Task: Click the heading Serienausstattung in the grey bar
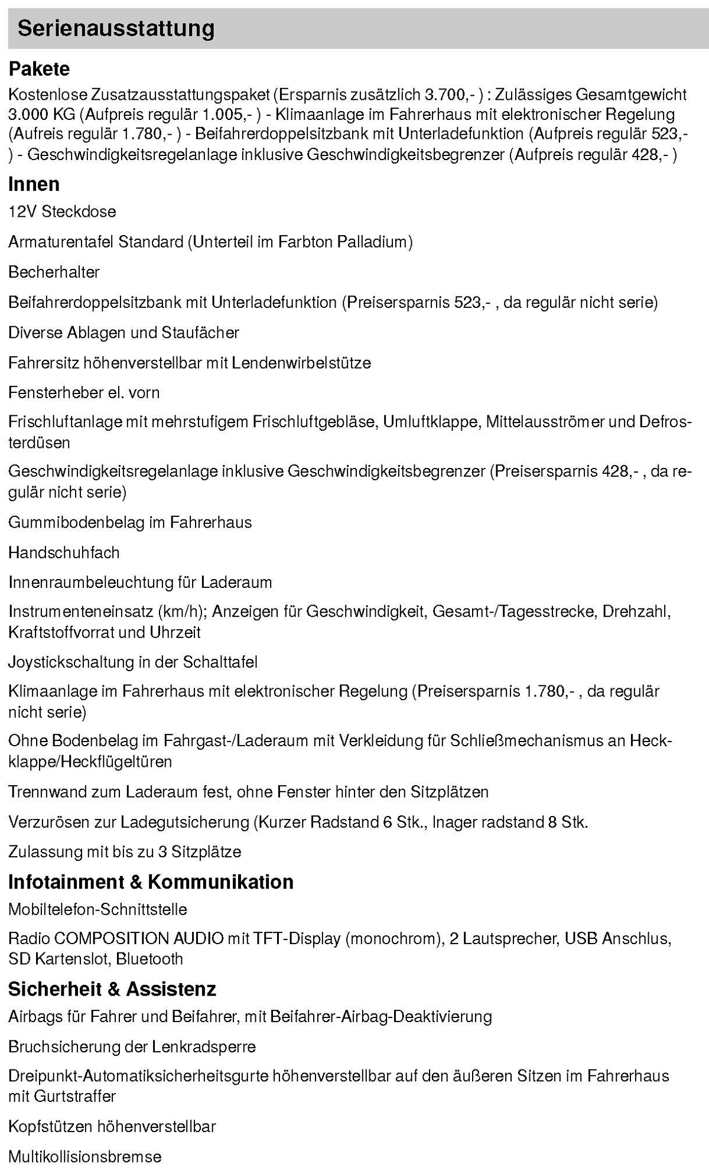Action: click(116, 29)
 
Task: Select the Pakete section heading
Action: click(39, 69)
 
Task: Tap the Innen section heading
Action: click(34, 184)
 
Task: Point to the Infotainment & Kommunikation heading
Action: click(151, 882)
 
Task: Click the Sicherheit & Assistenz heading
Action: click(112, 989)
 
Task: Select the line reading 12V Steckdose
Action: click(62, 212)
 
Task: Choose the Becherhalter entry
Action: click(54, 272)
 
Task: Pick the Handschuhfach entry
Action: click(64, 552)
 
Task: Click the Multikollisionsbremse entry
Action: click(84, 1156)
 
